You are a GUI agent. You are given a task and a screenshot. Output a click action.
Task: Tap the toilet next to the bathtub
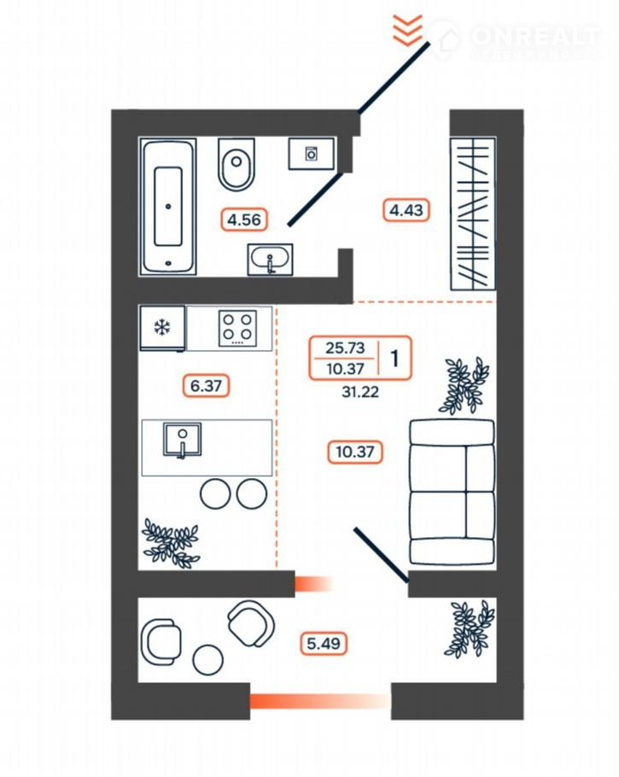[237, 164]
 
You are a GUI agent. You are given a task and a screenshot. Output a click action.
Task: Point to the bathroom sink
[270, 259]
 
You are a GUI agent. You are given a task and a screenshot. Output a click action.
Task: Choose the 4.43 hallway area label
[406, 209]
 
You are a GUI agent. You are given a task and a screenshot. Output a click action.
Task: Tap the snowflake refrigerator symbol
[161, 328]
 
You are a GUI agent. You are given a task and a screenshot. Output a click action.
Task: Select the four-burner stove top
[237, 328]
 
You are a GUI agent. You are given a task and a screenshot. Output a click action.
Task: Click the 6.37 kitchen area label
[207, 386]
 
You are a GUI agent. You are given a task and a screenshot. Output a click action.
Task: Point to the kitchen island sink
[183, 441]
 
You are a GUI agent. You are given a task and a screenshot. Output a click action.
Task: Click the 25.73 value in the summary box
[344, 348]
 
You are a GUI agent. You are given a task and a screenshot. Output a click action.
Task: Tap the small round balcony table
[207, 658]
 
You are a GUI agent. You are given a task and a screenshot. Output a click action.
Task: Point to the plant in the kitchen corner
[171, 541]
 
